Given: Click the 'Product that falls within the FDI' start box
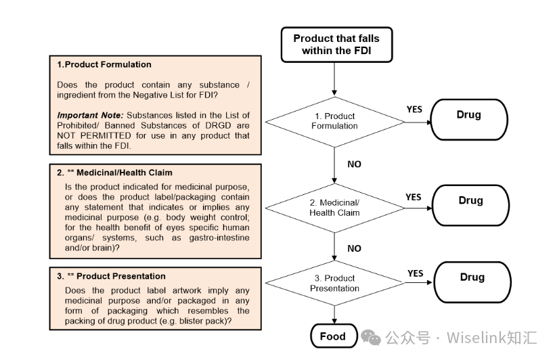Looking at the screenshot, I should [x=336, y=45].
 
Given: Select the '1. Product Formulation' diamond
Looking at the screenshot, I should [x=334, y=121].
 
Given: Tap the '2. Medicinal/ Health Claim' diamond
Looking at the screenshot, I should [x=334, y=208].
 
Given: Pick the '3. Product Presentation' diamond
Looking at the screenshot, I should [x=334, y=284].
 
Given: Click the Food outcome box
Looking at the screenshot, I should [x=332, y=336].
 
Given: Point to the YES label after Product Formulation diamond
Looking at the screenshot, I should [x=414, y=109].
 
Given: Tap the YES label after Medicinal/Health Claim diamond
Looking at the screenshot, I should [x=413, y=197].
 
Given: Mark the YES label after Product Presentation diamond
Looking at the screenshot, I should [x=415, y=273].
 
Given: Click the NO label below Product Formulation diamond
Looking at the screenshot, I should [x=354, y=164].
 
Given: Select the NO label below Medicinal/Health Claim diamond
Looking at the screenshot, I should [x=354, y=248].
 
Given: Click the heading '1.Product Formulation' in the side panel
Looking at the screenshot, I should [x=104, y=65].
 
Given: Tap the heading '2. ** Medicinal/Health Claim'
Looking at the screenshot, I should [x=114, y=173].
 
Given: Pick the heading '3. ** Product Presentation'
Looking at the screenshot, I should [x=111, y=276].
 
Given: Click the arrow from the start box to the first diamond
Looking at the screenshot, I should [x=334, y=78].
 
